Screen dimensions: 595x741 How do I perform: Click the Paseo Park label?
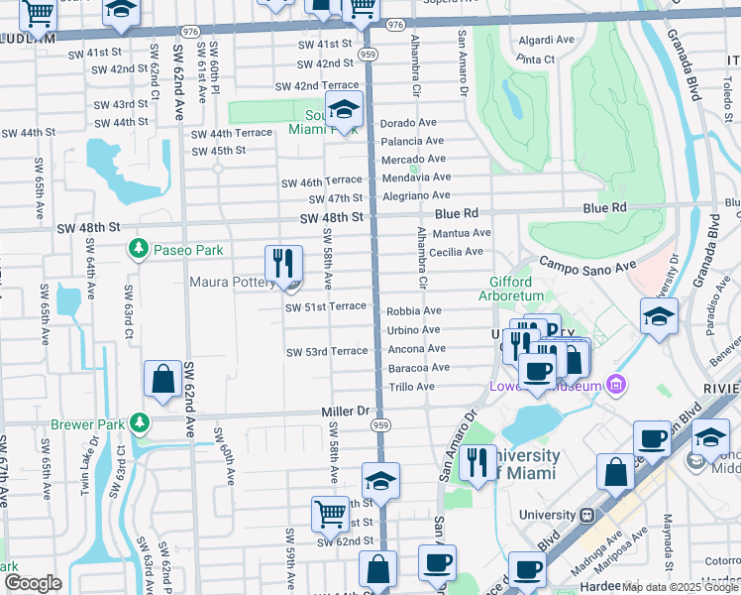[188, 250]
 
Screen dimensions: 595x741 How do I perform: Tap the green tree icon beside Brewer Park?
[139, 423]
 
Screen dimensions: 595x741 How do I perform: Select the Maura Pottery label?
[234, 284]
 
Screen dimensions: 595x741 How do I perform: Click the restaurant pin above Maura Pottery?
[283, 264]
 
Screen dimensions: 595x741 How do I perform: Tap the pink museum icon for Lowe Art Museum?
[615, 383]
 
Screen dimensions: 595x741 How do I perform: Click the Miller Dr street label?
[345, 411]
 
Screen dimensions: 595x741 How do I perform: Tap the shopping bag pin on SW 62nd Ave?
[162, 379]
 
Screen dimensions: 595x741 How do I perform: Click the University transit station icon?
[586, 516]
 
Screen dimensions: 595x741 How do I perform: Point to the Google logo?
[33, 583]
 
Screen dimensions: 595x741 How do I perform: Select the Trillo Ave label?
[411, 386]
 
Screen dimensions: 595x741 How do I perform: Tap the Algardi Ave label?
[545, 41]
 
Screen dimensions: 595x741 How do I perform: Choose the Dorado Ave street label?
[409, 123]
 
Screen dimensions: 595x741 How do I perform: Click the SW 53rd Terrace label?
[327, 352]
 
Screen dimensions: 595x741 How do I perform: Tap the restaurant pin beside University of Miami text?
[477, 463]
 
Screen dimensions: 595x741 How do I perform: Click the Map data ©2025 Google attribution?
[680, 587]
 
